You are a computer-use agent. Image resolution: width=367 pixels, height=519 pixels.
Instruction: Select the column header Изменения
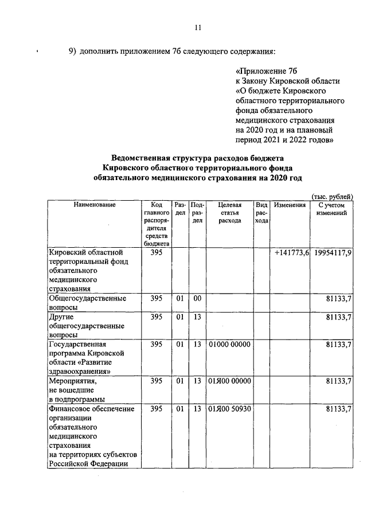(x=290, y=205)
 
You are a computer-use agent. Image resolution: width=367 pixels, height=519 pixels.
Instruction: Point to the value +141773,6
(x=292, y=252)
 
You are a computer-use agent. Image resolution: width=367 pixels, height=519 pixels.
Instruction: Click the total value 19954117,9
(x=333, y=252)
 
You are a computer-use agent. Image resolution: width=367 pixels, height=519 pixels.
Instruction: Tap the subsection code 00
(x=197, y=298)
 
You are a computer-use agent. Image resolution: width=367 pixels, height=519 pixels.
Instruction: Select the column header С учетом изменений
(x=331, y=209)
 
